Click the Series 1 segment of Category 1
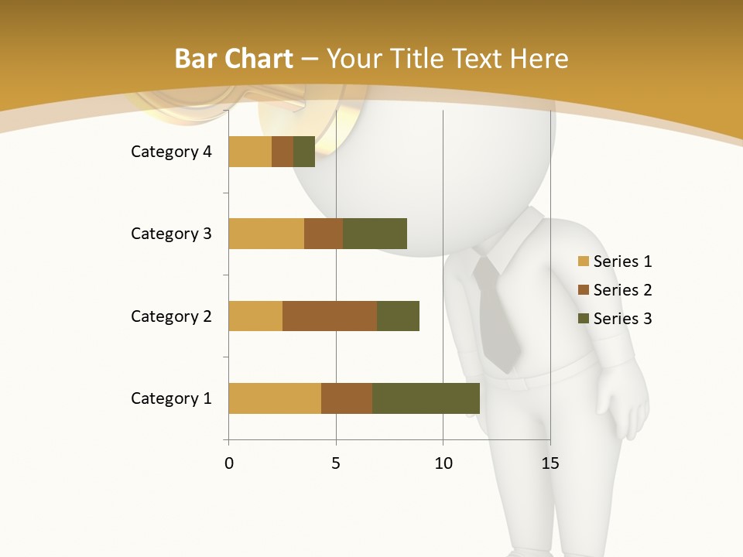(x=275, y=398)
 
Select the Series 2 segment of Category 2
(x=330, y=316)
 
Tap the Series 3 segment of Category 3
(x=375, y=234)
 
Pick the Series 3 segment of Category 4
(x=304, y=152)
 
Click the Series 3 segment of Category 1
(x=426, y=398)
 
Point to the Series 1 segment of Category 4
(x=250, y=152)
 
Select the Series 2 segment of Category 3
(x=324, y=234)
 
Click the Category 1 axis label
(x=171, y=398)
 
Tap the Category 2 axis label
(x=171, y=316)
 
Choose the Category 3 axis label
(x=171, y=234)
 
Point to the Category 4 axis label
(x=171, y=152)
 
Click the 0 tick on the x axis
(x=229, y=463)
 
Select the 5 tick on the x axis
(x=336, y=463)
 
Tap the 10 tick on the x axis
(x=443, y=463)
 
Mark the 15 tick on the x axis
(x=550, y=463)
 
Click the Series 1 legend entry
(x=615, y=261)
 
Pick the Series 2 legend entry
(x=615, y=290)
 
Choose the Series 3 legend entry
(x=615, y=319)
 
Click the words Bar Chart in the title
(x=234, y=59)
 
